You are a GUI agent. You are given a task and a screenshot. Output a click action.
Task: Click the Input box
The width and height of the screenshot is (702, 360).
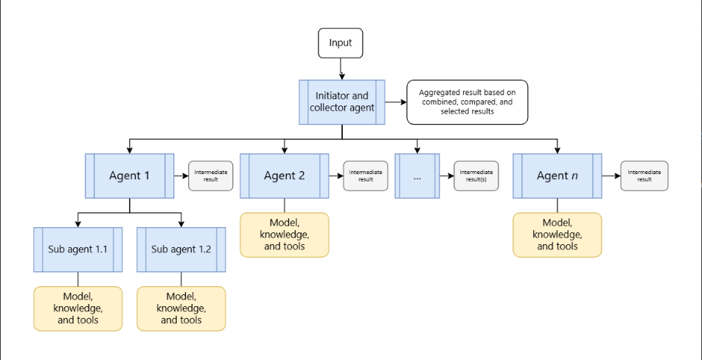[x=340, y=43]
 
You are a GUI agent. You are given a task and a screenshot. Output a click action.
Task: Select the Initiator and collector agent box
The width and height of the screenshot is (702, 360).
[x=342, y=102]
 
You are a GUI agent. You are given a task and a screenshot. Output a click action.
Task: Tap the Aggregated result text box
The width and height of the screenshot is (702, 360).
[x=467, y=102]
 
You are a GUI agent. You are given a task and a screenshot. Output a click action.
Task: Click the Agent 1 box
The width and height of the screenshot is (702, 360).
[x=129, y=176]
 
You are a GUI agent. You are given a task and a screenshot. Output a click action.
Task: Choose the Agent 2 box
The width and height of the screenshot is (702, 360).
[x=285, y=176]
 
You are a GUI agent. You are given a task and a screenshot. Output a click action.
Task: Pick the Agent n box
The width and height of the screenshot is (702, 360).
[x=557, y=176]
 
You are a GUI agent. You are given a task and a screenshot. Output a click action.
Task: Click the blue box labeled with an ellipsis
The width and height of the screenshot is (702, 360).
[x=417, y=176]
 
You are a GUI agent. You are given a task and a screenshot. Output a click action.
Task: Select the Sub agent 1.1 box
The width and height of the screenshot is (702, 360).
[x=78, y=249]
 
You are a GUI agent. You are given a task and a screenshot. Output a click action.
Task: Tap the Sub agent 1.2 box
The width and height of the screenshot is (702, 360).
[x=181, y=249]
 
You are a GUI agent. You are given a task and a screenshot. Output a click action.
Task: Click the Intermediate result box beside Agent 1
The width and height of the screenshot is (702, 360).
[x=210, y=176]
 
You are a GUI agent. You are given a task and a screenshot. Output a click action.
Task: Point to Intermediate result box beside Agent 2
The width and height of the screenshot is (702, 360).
[x=365, y=176]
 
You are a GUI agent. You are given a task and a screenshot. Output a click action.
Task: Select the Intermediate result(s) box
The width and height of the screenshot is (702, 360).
[x=476, y=176]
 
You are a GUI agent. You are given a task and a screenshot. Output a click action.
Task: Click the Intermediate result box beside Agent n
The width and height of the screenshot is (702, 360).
[x=644, y=176]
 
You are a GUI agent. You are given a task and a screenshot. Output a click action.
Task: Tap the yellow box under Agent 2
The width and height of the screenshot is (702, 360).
[x=285, y=235]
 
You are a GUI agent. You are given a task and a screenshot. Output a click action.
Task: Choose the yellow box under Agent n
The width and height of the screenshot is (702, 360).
[x=557, y=235]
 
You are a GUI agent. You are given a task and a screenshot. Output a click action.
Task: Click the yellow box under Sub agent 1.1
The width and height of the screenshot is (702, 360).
[x=78, y=308]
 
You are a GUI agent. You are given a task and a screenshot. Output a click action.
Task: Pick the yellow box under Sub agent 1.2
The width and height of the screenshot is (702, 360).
[x=181, y=308]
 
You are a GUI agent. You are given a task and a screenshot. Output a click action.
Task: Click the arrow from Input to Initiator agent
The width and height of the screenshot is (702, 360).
[x=341, y=69]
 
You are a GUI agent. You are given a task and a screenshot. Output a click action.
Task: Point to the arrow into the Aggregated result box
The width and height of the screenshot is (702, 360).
[x=396, y=102]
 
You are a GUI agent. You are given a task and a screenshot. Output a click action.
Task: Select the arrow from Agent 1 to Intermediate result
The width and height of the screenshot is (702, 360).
[x=181, y=176]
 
